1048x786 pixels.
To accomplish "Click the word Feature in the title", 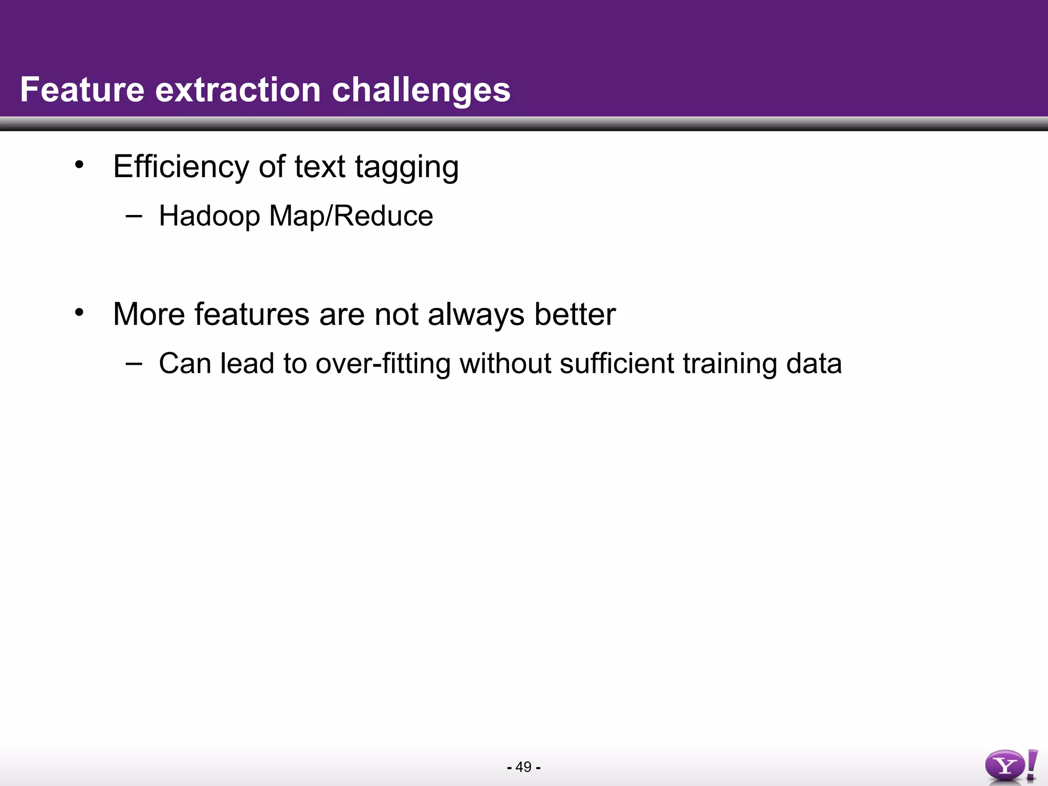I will [x=82, y=90].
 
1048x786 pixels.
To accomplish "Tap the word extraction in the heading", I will [x=238, y=90].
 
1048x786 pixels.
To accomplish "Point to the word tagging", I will [x=407, y=168].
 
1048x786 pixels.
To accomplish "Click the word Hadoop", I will [x=209, y=216].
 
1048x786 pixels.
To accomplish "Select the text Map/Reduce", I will [x=351, y=216].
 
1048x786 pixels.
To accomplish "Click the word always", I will [x=476, y=314].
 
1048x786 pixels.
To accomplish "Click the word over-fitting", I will [x=383, y=364].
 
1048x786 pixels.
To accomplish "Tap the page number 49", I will [x=523, y=767].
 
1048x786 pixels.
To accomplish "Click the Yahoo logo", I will [x=1011, y=766].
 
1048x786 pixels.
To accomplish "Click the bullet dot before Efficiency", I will [x=79, y=165].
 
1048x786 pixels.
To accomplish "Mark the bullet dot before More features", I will [x=79, y=312].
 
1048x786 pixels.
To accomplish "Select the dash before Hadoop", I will [x=134, y=215].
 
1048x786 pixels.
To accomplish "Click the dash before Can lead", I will [x=134, y=363].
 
